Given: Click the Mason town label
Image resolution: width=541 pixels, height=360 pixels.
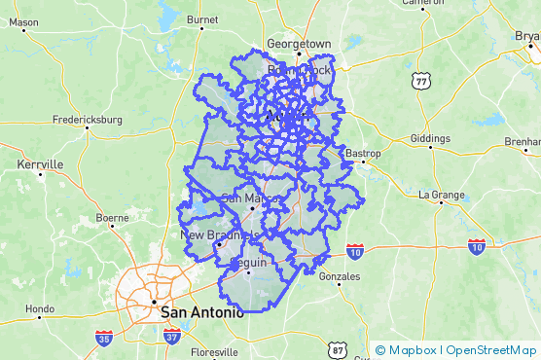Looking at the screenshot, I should point(23,21).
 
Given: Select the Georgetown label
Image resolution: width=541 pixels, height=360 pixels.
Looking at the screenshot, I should point(300,45).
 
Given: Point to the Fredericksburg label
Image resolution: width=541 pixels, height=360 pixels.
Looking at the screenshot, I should point(88,120).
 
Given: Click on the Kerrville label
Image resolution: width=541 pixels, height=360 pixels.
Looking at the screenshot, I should point(40,164).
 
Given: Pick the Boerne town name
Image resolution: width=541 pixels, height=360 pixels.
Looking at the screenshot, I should point(112,218).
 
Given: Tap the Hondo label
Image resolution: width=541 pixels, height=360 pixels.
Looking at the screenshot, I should point(40,309).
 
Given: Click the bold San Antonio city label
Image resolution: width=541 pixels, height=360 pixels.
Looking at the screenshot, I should point(203,312).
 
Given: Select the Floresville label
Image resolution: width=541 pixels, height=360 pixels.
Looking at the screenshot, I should point(215,352).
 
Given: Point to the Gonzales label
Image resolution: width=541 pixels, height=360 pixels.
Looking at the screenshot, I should point(339,276).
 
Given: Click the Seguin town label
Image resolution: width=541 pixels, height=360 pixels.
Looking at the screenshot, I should point(249,263).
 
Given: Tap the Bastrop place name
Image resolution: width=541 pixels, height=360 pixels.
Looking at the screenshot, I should point(363,154).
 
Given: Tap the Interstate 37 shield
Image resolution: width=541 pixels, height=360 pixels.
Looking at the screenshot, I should point(172,337).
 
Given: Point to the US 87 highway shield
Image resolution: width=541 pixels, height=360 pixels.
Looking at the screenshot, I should point(337,349).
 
